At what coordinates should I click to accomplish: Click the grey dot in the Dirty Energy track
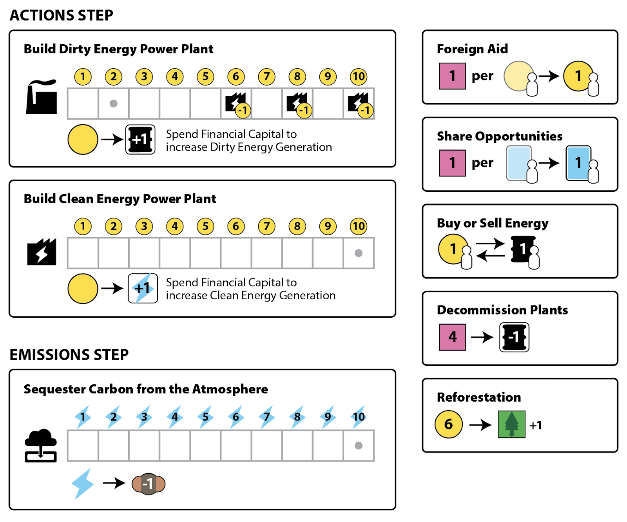click(x=114, y=104)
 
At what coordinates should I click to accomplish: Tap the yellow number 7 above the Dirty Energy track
click(x=266, y=76)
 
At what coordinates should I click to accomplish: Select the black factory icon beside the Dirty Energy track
click(x=42, y=97)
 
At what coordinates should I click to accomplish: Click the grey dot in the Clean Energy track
click(x=358, y=253)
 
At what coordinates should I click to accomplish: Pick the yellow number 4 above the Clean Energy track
click(x=175, y=226)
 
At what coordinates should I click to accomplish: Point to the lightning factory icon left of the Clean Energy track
click(x=42, y=252)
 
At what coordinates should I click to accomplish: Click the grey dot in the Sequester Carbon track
click(x=358, y=446)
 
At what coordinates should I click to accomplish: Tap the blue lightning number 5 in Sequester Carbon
click(x=205, y=417)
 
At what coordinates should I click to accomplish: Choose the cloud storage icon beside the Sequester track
click(x=41, y=446)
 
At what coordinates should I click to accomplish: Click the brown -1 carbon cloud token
click(x=149, y=484)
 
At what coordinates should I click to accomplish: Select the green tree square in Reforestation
click(x=511, y=424)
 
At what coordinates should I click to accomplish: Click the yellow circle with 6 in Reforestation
click(x=449, y=424)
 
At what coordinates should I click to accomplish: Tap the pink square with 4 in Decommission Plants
click(x=453, y=337)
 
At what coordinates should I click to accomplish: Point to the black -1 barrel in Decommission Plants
click(x=514, y=337)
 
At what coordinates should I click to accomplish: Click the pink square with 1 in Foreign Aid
click(x=453, y=76)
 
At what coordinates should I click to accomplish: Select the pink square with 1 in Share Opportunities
click(x=453, y=163)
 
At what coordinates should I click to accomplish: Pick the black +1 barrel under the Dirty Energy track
click(x=140, y=140)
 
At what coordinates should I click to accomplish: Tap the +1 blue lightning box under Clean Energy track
click(x=143, y=289)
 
